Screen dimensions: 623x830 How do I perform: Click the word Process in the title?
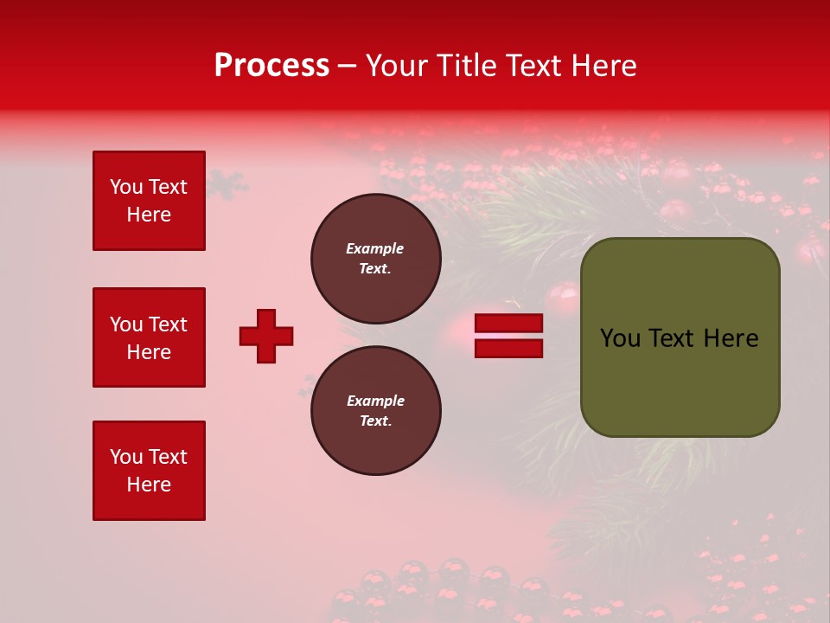271,66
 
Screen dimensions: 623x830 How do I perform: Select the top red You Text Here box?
149,201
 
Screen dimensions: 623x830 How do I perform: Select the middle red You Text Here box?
149,337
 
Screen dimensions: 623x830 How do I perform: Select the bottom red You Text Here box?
149,471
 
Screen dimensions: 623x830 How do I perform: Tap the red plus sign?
266,336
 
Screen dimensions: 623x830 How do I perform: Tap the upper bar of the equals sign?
509,324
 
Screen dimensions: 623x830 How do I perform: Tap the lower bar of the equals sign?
509,348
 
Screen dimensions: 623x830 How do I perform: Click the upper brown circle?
375,259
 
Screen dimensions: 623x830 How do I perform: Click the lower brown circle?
375,411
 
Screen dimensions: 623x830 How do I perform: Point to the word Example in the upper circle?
375,248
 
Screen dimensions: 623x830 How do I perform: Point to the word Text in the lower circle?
374,421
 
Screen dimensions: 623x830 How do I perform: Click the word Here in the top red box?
149,215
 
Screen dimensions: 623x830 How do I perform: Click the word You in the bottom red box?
126,457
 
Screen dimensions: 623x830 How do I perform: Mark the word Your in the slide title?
397,66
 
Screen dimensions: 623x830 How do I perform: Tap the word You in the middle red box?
126,324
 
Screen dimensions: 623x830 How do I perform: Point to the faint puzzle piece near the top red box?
228,183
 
